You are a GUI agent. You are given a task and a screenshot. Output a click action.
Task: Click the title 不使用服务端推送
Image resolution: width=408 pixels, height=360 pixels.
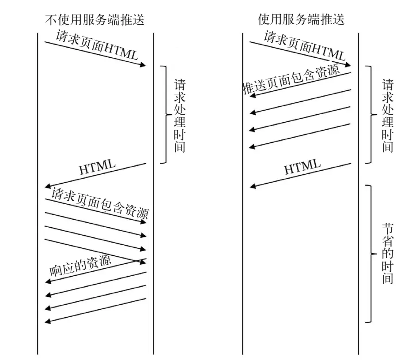(94, 20)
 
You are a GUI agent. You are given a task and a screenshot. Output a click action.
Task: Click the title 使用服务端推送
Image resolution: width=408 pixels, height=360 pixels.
(301, 20)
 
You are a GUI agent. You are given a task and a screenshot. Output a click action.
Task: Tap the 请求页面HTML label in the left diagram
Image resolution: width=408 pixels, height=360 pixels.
(97, 45)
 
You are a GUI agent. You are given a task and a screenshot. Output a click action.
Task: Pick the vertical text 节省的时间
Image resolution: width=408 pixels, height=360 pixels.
(387, 254)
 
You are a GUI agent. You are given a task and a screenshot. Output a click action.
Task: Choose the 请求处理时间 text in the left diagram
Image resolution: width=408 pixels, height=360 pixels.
(179, 116)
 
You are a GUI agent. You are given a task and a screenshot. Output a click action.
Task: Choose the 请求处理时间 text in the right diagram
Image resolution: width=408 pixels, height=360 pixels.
(387, 116)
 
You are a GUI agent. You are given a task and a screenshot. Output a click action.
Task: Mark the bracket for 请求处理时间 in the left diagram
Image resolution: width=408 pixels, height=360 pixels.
(165, 115)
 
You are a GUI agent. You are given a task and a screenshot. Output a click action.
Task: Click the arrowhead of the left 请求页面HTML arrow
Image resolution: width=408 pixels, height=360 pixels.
(143, 65)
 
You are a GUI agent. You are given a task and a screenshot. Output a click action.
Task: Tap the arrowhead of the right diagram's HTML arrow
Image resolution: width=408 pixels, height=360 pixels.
(253, 187)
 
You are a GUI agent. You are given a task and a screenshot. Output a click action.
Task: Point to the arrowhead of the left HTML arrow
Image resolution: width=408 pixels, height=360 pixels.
(48, 187)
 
